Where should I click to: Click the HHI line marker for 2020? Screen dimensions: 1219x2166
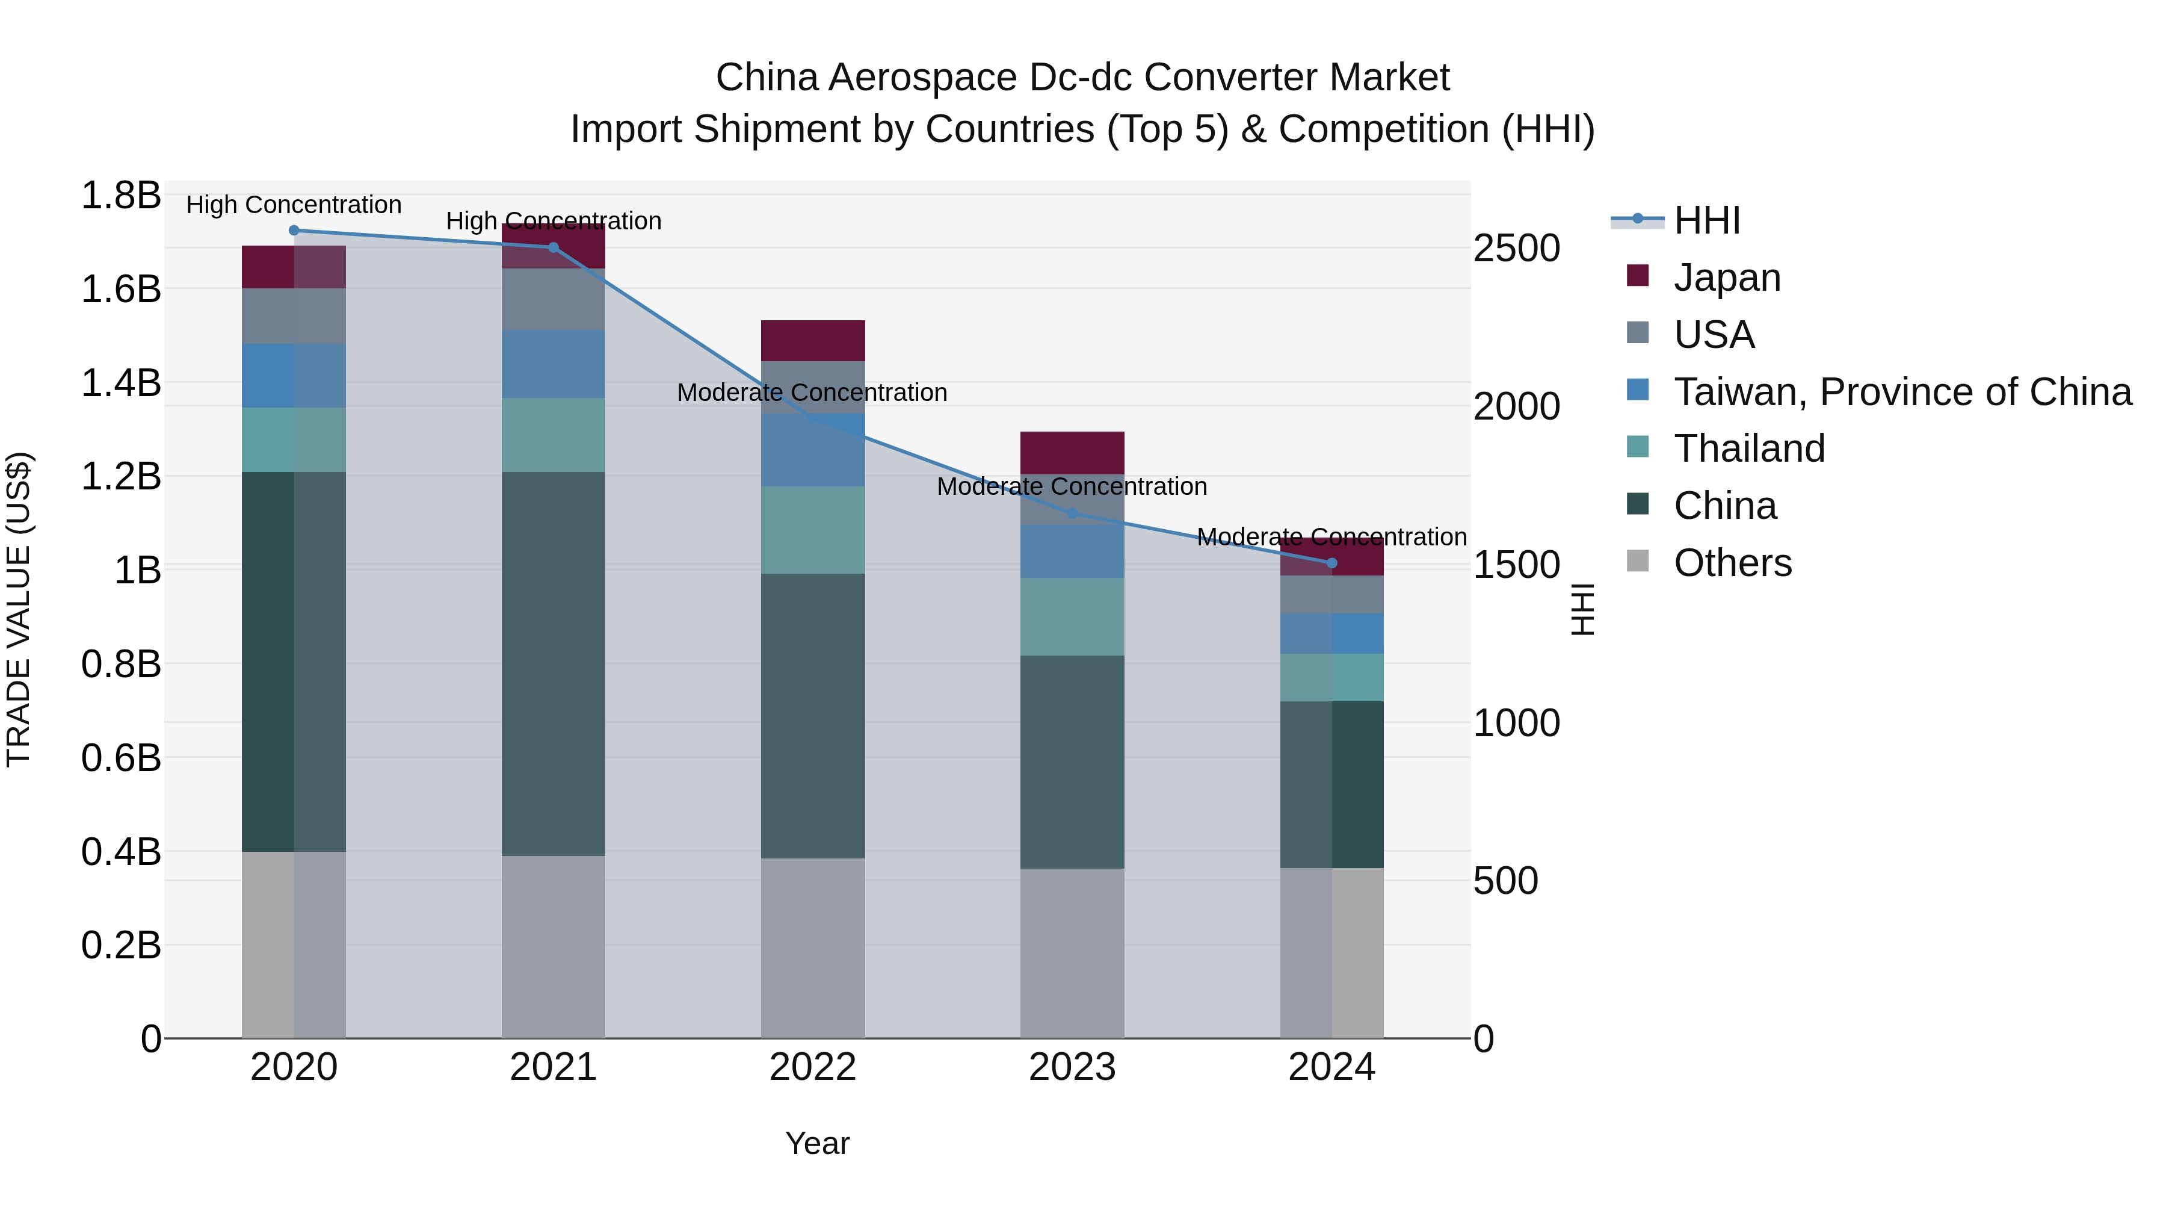(x=294, y=231)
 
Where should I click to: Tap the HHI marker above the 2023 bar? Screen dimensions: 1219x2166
(x=1072, y=513)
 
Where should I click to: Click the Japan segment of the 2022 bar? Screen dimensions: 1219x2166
(x=812, y=341)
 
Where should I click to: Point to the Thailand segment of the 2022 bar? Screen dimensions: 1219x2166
(x=812, y=530)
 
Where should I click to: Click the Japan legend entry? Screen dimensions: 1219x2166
(x=1726, y=278)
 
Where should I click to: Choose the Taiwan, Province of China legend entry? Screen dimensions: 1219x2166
(x=1902, y=392)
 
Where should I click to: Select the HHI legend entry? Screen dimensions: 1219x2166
(x=1706, y=220)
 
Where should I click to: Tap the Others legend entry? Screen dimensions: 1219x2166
(x=1732, y=563)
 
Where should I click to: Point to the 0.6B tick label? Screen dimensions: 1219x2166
(x=120, y=758)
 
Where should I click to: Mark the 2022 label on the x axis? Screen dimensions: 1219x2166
(x=812, y=1067)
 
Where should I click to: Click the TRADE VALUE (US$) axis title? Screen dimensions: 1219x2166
(x=19, y=609)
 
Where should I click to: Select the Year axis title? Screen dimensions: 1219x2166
(x=817, y=1143)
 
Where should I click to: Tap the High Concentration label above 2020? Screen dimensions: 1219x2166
(x=294, y=205)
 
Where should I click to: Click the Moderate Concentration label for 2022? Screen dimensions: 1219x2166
(x=812, y=393)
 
